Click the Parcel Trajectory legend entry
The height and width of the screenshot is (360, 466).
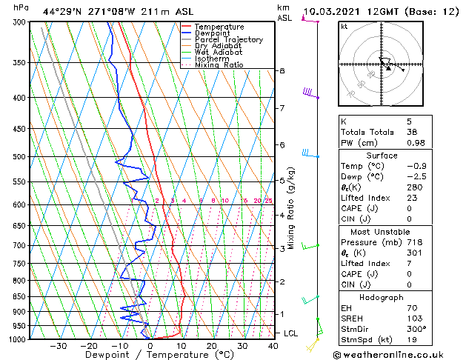pos(228,39)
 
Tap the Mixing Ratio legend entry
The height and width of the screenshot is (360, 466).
pos(219,65)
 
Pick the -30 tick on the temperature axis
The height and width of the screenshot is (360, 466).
pos(58,346)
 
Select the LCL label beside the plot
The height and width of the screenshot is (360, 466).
pos(290,333)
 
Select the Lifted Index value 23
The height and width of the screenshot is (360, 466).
pos(413,198)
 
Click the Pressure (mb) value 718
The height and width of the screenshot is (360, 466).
pos(414,242)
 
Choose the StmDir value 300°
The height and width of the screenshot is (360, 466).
pos(416,329)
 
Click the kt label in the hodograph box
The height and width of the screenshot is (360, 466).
pos(344,27)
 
